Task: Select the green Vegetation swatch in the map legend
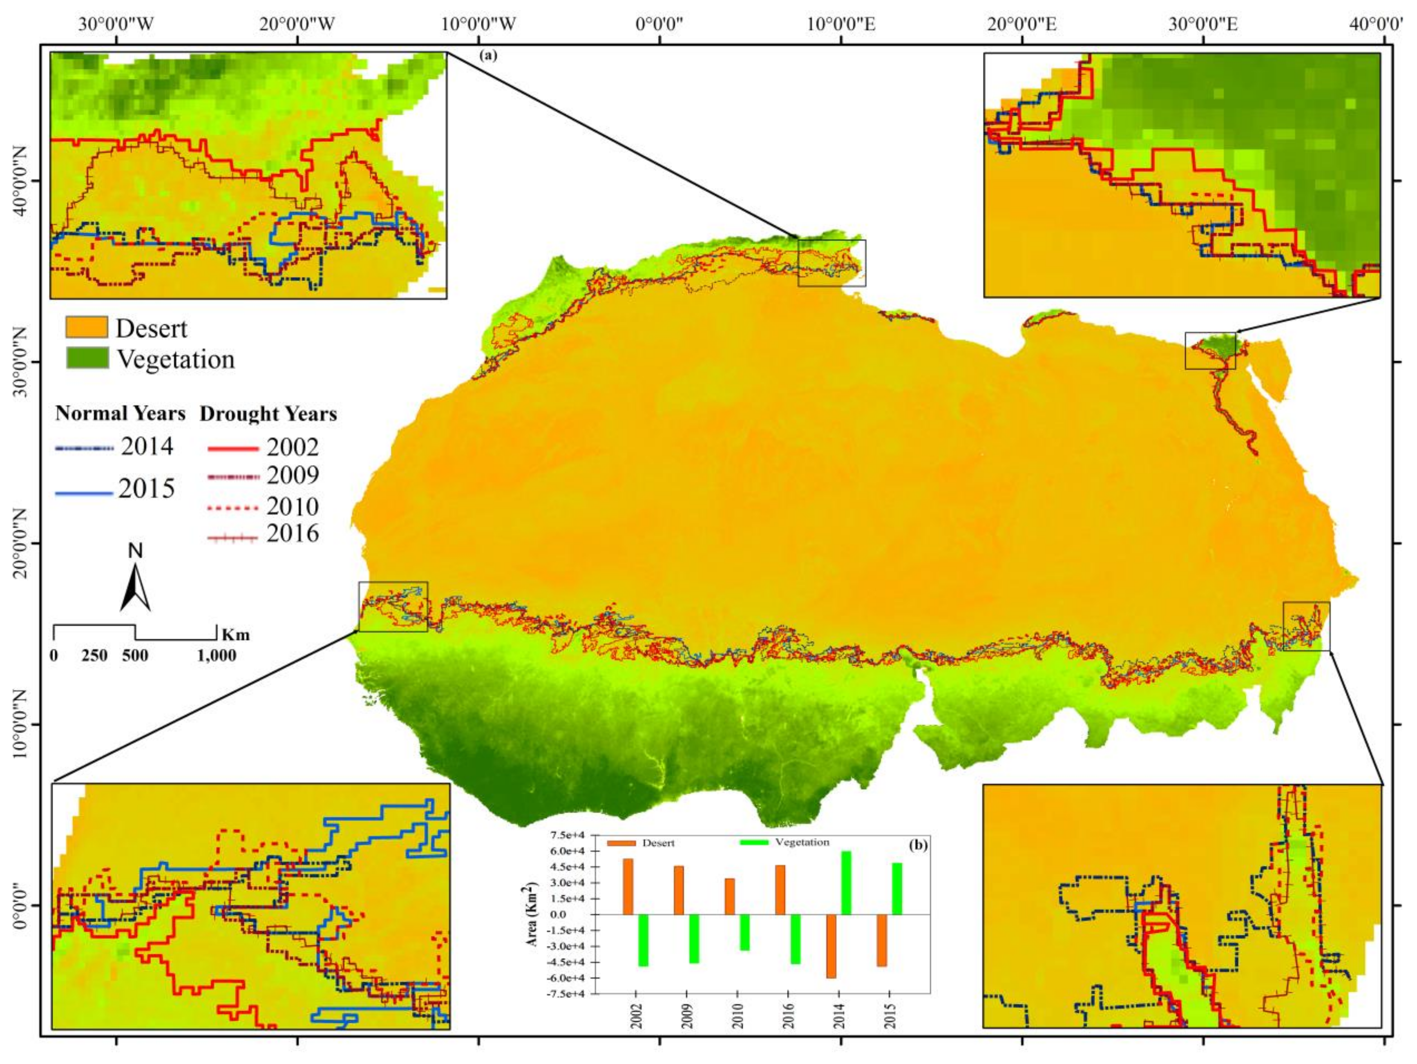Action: click(87, 358)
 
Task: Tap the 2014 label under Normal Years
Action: click(148, 446)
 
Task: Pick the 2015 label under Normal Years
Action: click(147, 489)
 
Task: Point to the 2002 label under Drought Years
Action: click(293, 447)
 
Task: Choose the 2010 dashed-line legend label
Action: click(293, 507)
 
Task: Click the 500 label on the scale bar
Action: click(135, 655)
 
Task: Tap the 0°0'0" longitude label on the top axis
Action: click(659, 25)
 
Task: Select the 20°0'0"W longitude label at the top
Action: click(297, 25)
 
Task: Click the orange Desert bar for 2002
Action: click(628, 887)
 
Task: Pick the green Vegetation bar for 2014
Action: click(846, 883)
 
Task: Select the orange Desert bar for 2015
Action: click(882, 940)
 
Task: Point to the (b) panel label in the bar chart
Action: click(918, 845)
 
